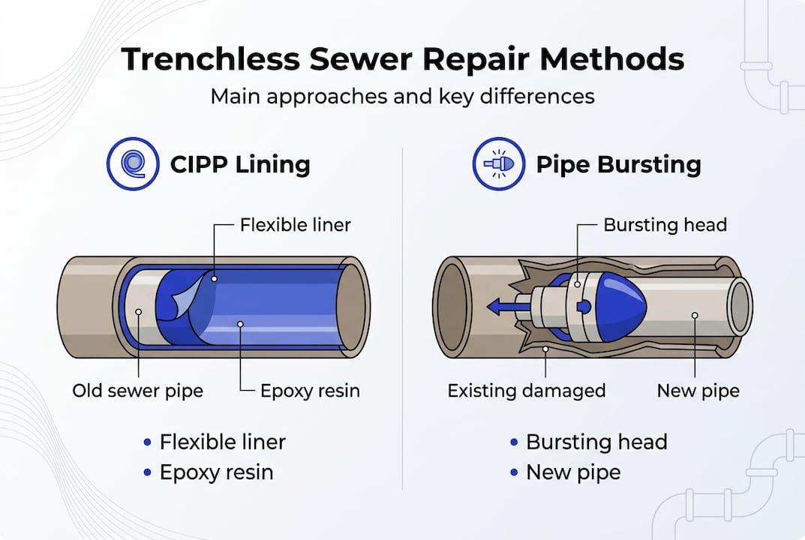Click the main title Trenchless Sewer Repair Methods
point(402,59)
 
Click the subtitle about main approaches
point(402,97)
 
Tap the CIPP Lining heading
point(240,163)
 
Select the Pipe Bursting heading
point(618,163)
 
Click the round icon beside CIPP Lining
point(134,163)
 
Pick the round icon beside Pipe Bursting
point(498,163)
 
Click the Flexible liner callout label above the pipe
point(295,224)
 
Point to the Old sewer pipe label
point(138,391)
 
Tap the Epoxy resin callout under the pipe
point(310,391)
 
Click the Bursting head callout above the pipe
point(665,224)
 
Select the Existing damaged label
point(526,391)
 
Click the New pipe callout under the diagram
point(698,391)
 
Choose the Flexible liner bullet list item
point(222,442)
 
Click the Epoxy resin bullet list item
point(216,472)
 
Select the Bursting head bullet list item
point(596,442)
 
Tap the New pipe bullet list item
point(573,472)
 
